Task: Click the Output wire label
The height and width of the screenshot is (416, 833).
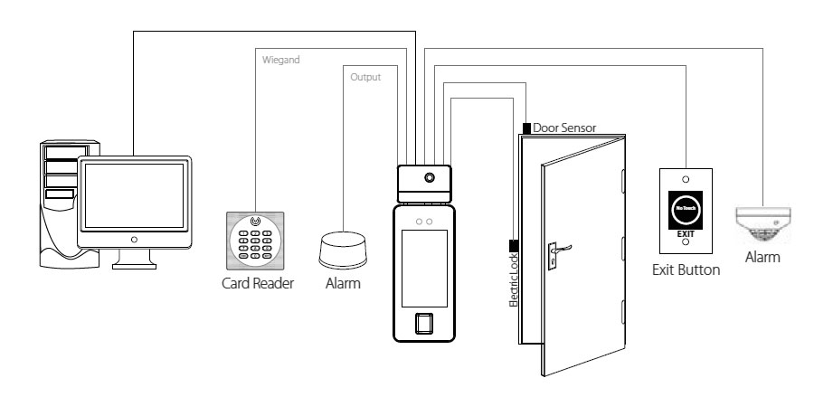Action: (365, 78)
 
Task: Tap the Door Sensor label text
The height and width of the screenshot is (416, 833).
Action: (564, 128)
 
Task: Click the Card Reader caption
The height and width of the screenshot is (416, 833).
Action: (257, 284)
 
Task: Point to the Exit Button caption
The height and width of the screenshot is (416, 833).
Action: (686, 269)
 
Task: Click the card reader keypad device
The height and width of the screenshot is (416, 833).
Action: (255, 239)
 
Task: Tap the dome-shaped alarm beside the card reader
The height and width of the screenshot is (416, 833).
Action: (343, 249)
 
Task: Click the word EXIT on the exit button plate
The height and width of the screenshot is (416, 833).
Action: (686, 233)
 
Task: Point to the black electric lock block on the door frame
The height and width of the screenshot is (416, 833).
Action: (513, 245)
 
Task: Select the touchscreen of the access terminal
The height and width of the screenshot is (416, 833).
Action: (424, 263)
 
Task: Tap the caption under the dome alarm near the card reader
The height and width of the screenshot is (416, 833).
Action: (343, 284)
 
